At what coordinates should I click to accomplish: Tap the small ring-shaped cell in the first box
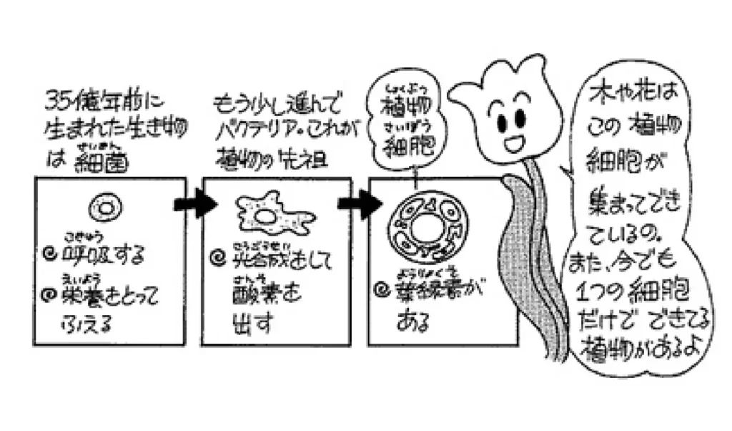pos(104,208)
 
